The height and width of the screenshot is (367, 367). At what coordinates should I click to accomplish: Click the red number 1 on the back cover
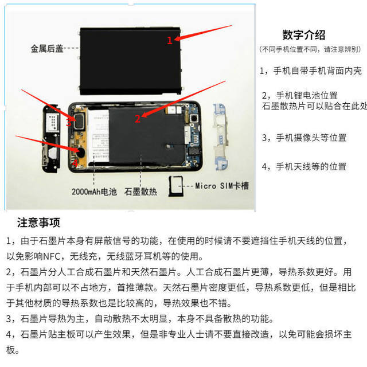click(x=170, y=40)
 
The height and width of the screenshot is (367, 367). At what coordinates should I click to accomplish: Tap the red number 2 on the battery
click(x=138, y=119)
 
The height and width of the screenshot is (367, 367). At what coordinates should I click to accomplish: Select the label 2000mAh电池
click(x=95, y=192)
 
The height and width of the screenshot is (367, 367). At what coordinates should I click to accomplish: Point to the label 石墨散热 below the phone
click(x=141, y=192)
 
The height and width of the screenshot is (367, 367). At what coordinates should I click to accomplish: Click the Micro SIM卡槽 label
click(x=222, y=185)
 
